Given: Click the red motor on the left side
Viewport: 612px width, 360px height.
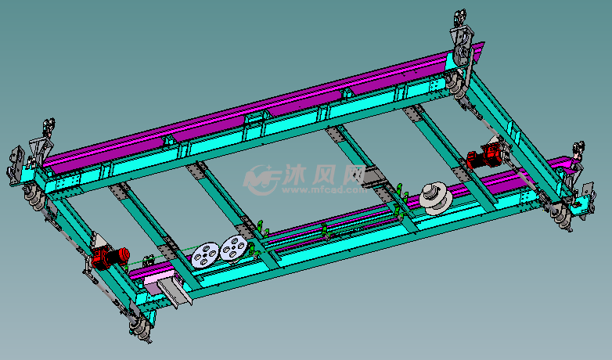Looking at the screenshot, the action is coord(110,258).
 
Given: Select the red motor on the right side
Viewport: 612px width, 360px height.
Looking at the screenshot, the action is coord(484,157).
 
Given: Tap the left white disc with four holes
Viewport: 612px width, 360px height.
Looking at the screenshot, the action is coord(205,255).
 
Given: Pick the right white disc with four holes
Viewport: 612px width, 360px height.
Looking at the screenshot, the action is coord(234,248).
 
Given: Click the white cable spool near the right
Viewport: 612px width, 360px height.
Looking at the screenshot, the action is coord(436,198).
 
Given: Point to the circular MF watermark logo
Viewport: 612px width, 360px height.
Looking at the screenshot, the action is coord(260,179).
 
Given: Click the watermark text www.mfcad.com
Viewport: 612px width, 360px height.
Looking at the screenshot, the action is coord(324,190).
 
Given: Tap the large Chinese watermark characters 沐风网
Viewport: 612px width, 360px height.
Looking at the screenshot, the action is coord(324,175).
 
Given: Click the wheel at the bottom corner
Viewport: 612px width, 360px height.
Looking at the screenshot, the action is coord(141,327).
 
